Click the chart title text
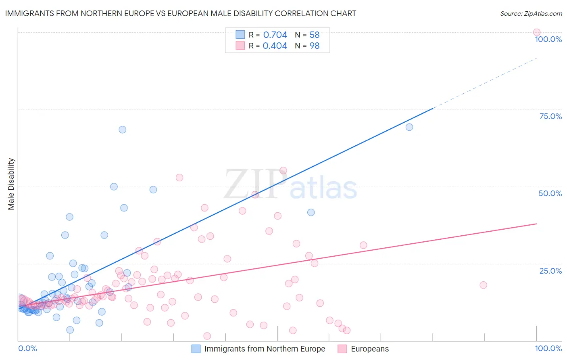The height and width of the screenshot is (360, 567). point(180,13)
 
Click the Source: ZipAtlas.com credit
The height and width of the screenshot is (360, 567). point(531,13)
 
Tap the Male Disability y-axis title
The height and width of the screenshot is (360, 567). point(11,184)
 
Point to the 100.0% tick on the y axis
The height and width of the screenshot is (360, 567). point(548,39)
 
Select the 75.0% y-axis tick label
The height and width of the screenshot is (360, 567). point(550,116)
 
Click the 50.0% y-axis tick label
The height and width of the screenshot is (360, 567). point(550,193)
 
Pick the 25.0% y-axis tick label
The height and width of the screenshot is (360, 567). point(550,270)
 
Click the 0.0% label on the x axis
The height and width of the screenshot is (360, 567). point(27,348)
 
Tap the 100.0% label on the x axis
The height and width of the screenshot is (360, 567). point(548,348)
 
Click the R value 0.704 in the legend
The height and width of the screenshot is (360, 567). point(275,35)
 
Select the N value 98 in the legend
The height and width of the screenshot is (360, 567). point(315,46)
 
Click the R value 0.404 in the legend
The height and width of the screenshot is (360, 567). point(275,46)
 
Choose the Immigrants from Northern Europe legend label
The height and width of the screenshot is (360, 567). point(265,349)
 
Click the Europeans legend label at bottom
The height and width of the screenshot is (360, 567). point(370,349)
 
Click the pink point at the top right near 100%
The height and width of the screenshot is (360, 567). point(536,32)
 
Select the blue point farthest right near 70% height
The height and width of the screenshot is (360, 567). point(409,127)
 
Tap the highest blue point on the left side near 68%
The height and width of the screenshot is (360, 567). point(122,130)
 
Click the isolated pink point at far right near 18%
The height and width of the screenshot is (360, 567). point(483,285)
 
